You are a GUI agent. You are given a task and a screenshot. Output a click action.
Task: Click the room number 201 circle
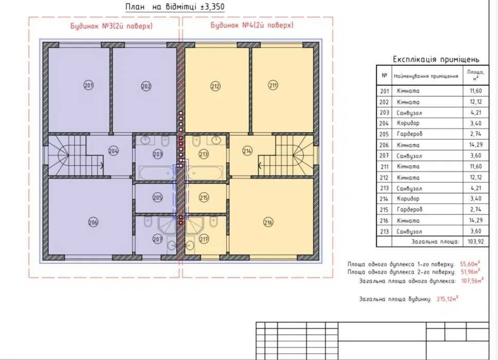(88, 85)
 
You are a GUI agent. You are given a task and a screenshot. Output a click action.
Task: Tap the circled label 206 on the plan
(93, 222)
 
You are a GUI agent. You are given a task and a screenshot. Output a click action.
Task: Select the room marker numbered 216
(268, 222)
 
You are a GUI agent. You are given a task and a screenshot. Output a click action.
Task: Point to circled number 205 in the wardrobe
(158, 197)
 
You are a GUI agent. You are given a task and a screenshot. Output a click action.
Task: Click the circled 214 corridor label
(247, 151)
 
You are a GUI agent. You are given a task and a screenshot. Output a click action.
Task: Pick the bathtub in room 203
(157, 173)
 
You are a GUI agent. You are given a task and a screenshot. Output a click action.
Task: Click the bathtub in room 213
(205, 173)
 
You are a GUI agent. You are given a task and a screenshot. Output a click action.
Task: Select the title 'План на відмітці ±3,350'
(175, 7)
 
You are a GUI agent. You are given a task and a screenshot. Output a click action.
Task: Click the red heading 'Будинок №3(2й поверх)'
(112, 26)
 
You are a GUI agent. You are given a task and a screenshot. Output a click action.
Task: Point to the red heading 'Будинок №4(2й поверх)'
(252, 25)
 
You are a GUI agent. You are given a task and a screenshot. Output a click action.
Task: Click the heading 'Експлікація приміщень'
(436, 60)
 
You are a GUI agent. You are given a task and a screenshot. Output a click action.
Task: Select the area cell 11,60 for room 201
(476, 91)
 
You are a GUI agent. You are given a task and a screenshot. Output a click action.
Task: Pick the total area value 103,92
(476, 242)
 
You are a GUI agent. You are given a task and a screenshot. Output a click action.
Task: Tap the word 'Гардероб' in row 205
(410, 134)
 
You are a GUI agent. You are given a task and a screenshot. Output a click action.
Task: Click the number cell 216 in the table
(384, 221)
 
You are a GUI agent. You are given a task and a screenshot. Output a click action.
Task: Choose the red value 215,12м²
(448, 299)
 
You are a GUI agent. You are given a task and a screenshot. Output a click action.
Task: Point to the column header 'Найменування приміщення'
(426, 76)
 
